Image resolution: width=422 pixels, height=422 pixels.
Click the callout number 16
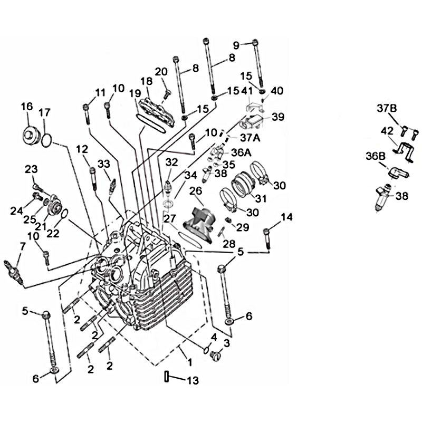[27, 107]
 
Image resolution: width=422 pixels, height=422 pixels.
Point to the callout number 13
[193, 380]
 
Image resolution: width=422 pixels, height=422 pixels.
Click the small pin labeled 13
[167, 376]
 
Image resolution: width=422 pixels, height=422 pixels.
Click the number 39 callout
[277, 117]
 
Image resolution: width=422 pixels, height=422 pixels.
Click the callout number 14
[286, 217]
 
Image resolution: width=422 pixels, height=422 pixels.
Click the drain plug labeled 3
[215, 357]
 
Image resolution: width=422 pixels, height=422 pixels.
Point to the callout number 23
[31, 169]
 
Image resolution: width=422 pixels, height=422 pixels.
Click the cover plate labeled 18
[157, 110]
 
